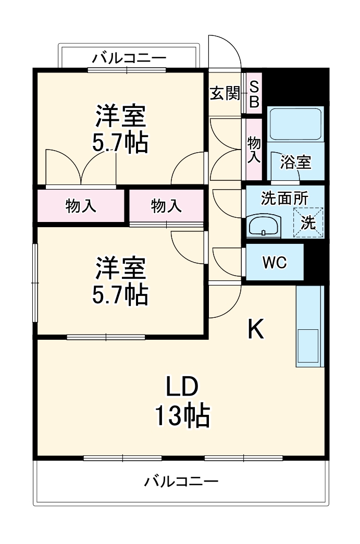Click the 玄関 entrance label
pos(225,94)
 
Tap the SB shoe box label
pos(254,94)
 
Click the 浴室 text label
pos(296,162)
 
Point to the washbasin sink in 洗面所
pos(265,226)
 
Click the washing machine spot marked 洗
pos(308,223)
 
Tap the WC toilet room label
pos(274,263)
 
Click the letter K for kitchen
pos(255,329)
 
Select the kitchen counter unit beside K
pos(309,327)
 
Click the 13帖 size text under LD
pos(181,416)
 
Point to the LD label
pos(181,387)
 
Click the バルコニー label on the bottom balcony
pos(181,480)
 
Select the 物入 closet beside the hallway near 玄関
pos(254,150)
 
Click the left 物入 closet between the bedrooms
pos(81,206)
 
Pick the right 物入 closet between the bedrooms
pos(166,206)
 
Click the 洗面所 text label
pos(284,198)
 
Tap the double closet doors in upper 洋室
pos(81,167)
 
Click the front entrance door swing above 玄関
pos(225,53)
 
